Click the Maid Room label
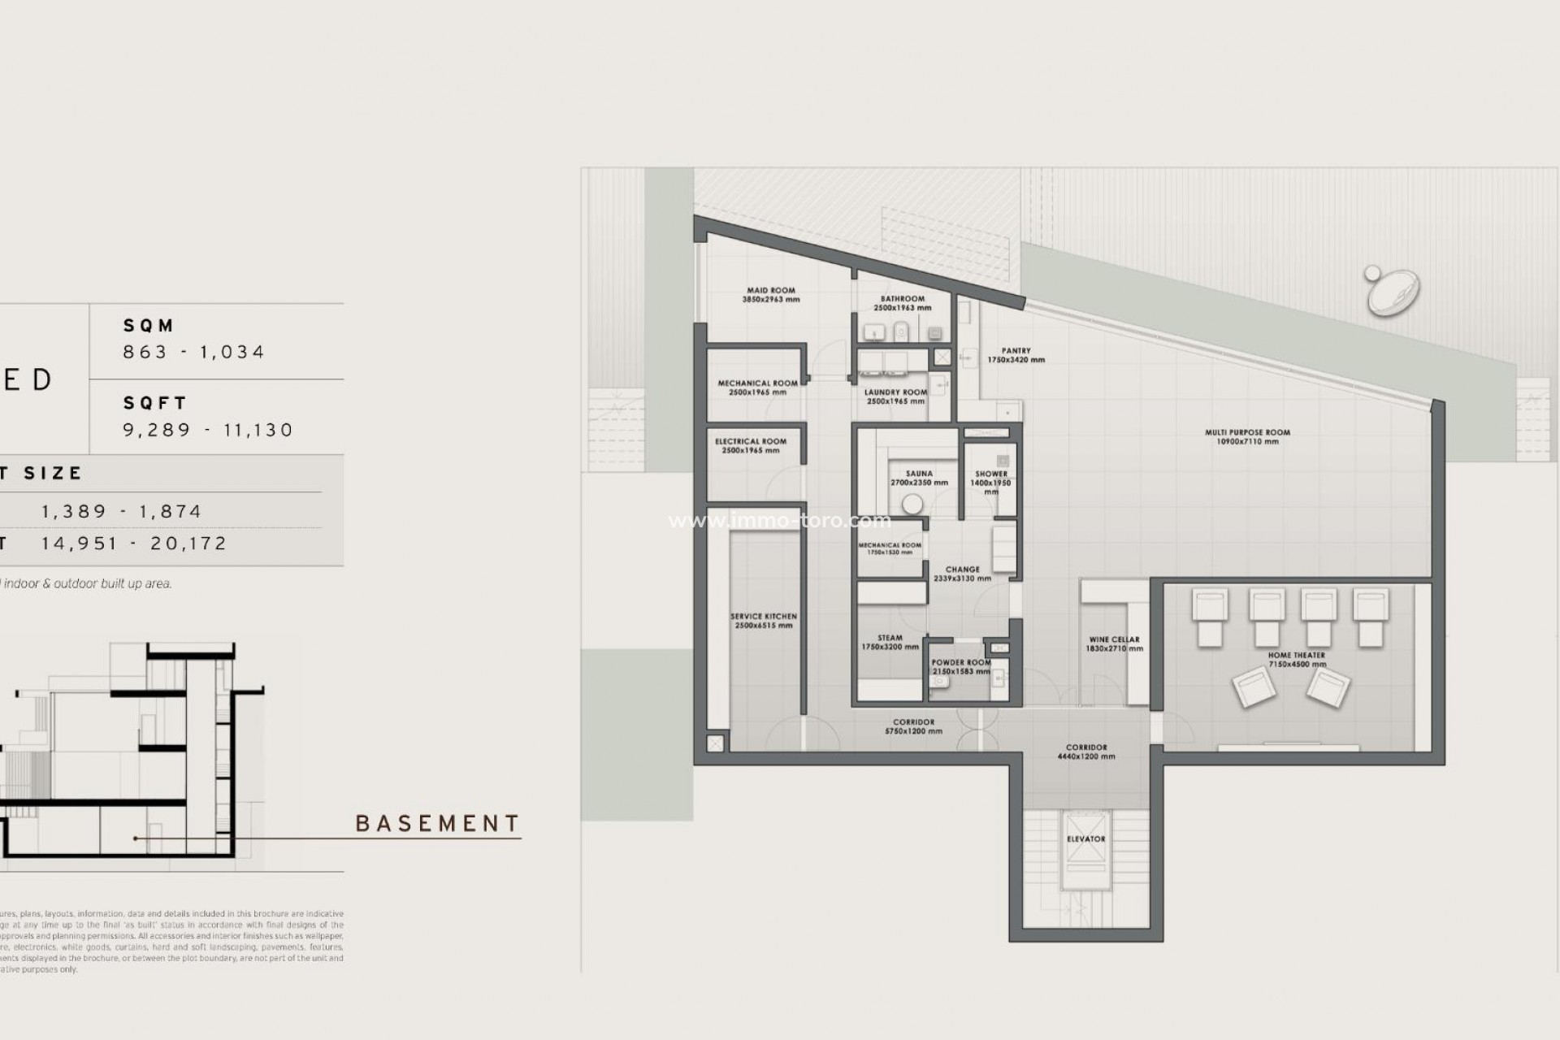click(770, 294)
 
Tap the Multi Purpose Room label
click(1247, 437)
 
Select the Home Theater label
click(1296, 659)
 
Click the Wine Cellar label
click(1114, 643)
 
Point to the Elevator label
click(1085, 838)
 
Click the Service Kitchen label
click(763, 621)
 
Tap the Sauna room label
click(919, 478)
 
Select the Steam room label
click(890, 643)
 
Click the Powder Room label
click(961, 666)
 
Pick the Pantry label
click(1016, 355)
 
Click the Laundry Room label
click(895, 396)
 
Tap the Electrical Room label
click(750, 445)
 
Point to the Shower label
click(990, 479)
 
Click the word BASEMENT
click(437, 824)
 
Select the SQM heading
click(149, 326)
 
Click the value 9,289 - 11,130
click(208, 430)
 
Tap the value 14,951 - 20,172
click(134, 544)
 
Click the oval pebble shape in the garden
click(1393, 292)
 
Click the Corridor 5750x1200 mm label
click(913, 726)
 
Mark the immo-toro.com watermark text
click(779, 521)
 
